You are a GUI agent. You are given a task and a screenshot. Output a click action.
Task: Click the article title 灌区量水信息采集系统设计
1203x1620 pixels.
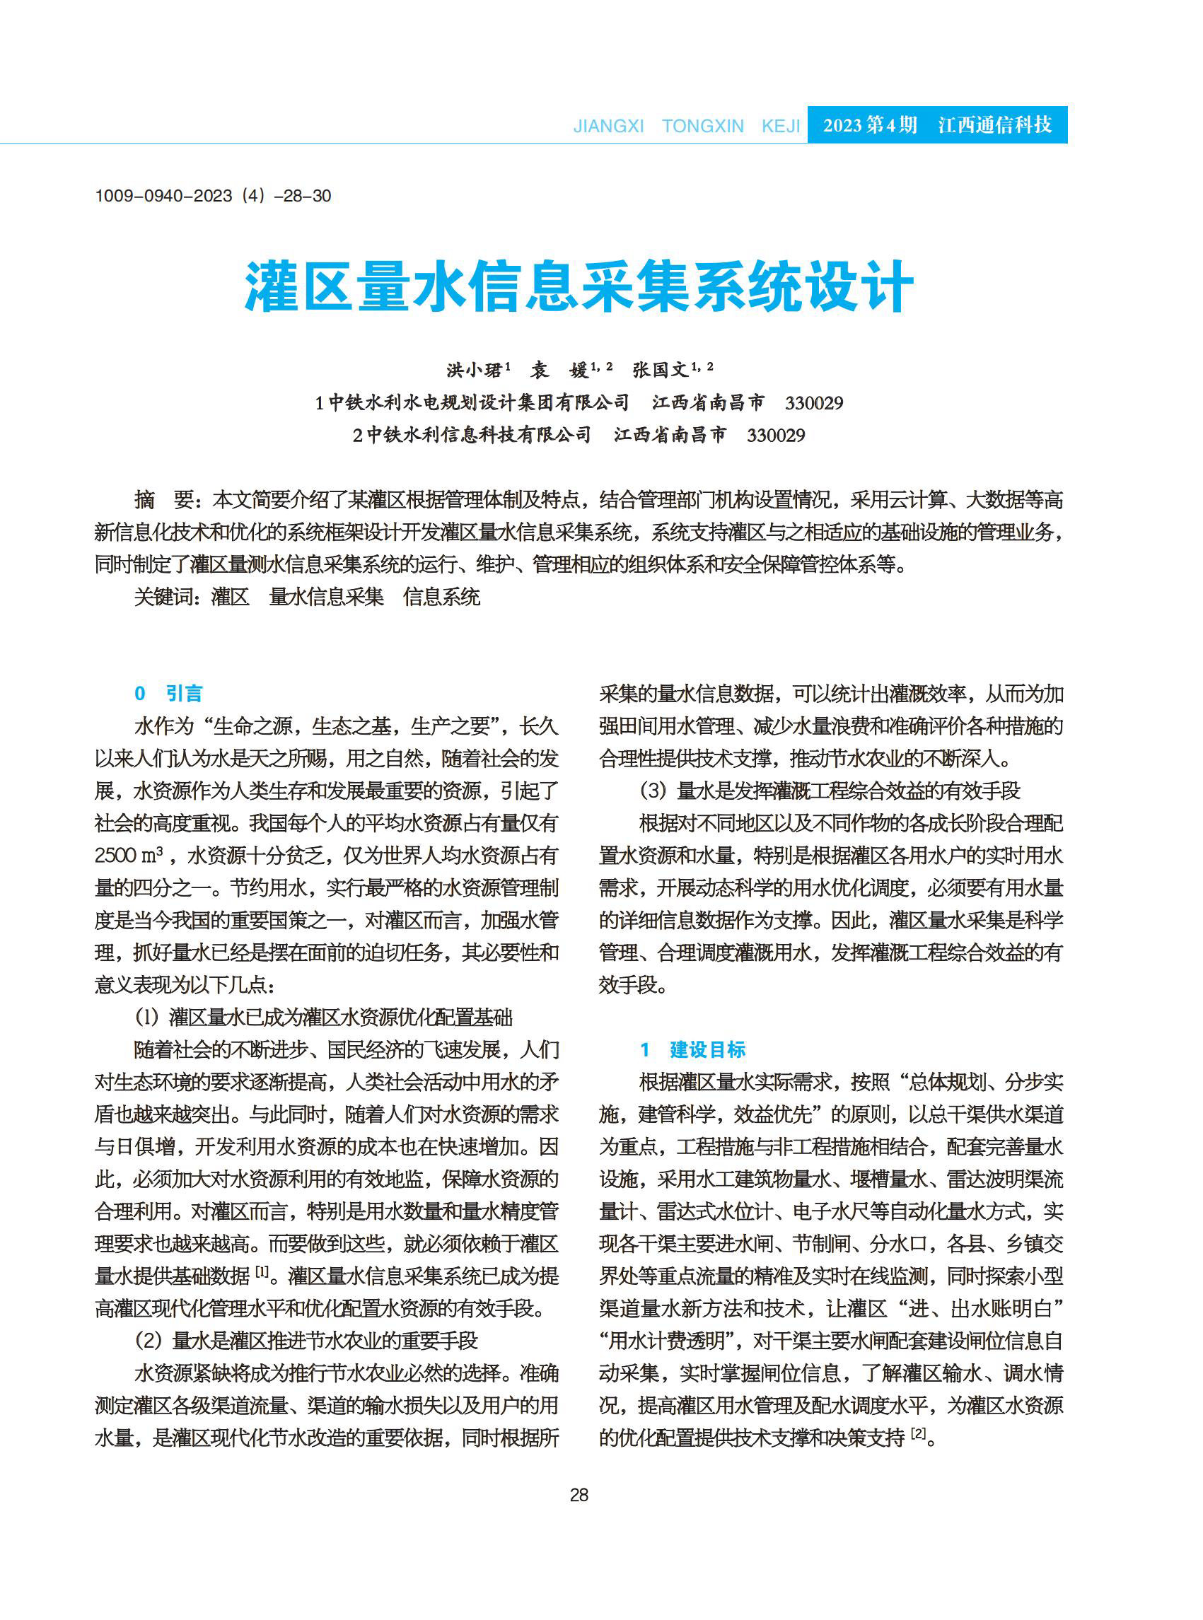click(579, 287)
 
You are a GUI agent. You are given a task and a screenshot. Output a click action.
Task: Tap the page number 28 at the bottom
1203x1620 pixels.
click(579, 1495)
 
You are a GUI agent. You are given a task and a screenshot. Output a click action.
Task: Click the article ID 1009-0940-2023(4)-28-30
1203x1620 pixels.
click(213, 196)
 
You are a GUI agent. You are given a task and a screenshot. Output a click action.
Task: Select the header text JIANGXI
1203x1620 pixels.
click(608, 126)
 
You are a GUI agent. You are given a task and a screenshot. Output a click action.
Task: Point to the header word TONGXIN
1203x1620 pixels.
click(703, 126)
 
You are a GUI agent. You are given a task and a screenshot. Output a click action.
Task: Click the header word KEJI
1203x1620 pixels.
click(781, 126)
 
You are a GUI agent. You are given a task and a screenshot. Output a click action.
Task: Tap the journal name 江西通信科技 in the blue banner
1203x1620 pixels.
click(995, 125)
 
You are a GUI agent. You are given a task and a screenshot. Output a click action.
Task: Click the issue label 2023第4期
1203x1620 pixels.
click(869, 125)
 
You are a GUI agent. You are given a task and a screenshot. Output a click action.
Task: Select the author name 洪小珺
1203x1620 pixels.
click(474, 370)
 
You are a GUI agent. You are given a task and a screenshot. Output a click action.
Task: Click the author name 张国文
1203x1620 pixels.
click(661, 370)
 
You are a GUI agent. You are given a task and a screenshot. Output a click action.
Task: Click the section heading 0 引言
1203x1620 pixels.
click(168, 693)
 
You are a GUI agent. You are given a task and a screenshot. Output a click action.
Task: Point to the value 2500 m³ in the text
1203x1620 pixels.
click(129, 856)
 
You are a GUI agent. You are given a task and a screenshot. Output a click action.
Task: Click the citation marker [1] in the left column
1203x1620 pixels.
click(262, 1274)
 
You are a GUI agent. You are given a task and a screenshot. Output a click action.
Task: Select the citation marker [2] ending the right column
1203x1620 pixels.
click(919, 1433)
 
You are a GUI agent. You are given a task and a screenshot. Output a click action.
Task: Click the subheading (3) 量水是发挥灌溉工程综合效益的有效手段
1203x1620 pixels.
click(830, 791)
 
